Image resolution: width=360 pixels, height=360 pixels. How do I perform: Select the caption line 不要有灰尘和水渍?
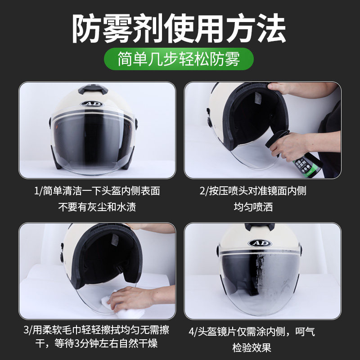point(97,207)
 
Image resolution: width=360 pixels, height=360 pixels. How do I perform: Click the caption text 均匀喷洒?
point(253,207)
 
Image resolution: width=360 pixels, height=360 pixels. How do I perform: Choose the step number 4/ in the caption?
point(193,333)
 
